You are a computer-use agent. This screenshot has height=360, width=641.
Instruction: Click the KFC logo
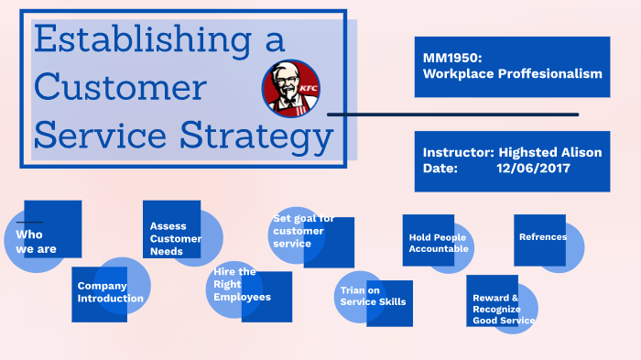pyautogui.click(x=291, y=89)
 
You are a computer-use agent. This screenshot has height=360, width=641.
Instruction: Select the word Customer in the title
pyautogui.click(x=120, y=89)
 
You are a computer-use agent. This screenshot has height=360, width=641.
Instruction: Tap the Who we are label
pyautogui.click(x=36, y=241)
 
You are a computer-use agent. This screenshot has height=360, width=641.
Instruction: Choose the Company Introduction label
pyautogui.click(x=110, y=292)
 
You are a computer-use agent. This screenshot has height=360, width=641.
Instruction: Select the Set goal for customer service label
pyautogui.click(x=303, y=231)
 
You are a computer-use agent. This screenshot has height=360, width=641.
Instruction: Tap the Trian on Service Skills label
pyautogui.click(x=373, y=296)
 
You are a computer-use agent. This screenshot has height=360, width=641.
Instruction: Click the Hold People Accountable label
pyautogui.click(x=439, y=243)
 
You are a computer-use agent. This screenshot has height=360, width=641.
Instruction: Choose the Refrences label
pyautogui.click(x=543, y=237)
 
